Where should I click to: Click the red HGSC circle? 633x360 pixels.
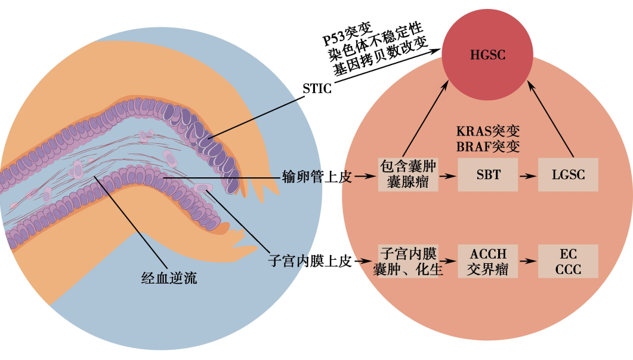coord(487,56)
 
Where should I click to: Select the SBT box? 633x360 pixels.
coord(487,175)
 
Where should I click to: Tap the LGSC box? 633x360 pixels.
coord(567,175)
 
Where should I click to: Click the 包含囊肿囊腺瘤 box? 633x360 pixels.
coord(408,175)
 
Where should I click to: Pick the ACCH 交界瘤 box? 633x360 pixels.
coord(487,261)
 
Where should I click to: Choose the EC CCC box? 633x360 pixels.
coord(567,261)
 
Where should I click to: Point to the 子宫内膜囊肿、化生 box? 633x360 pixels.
coord(408,261)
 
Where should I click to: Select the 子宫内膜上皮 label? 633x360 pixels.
coord(310,261)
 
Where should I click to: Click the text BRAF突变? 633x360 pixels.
coord(487,147)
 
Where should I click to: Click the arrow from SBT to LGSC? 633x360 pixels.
coord(527,177)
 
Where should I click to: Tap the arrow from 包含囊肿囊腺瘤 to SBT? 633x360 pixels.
coord(447,177)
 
